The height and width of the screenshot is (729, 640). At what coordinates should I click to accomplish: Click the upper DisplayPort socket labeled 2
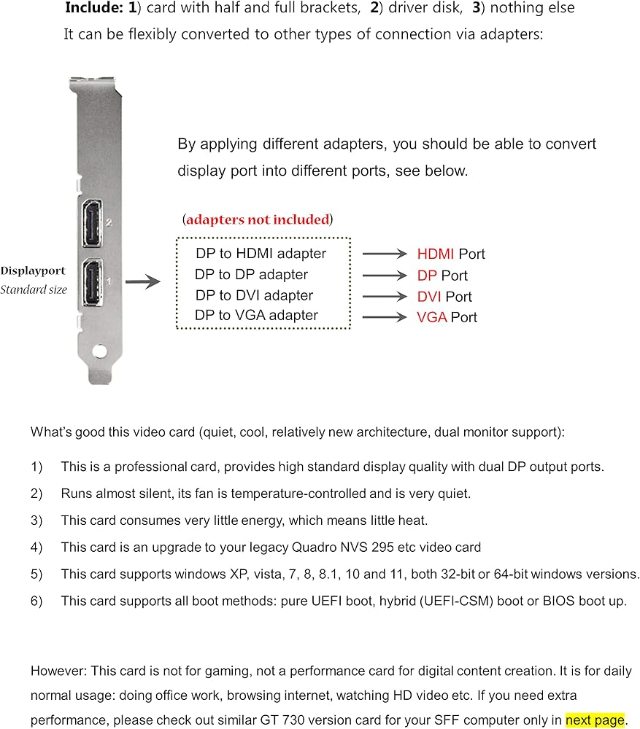coord(92,223)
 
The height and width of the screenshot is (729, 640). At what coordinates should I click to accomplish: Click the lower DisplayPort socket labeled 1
coord(93,281)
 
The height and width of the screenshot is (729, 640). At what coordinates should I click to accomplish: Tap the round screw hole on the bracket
coord(99,351)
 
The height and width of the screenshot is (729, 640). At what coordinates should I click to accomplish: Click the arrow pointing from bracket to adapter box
coord(143,281)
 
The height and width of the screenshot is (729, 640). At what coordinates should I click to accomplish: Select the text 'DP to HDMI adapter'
coord(261,254)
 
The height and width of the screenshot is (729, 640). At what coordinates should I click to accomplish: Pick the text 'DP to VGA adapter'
coord(256,315)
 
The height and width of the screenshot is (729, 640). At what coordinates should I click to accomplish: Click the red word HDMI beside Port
coord(435,254)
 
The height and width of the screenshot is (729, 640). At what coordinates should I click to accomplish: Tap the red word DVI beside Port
coord(429,297)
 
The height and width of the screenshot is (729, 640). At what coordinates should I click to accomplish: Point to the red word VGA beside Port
coord(432,317)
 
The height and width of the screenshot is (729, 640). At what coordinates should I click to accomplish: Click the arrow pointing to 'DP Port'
coord(385,276)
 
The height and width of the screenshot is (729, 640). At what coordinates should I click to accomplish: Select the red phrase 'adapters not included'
coord(258,219)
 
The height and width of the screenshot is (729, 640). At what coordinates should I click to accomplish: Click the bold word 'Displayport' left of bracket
coord(33,271)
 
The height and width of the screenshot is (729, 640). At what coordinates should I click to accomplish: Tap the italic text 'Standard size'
coord(34,289)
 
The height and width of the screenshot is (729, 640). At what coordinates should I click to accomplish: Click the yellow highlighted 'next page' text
coord(595,720)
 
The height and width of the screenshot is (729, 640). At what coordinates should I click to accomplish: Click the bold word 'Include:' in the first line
coord(94,7)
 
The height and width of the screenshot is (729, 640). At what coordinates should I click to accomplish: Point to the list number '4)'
coord(36,547)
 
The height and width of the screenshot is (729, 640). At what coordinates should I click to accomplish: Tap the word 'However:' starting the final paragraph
coord(58,671)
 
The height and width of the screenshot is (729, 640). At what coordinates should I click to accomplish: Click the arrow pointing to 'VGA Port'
coord(385,317)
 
